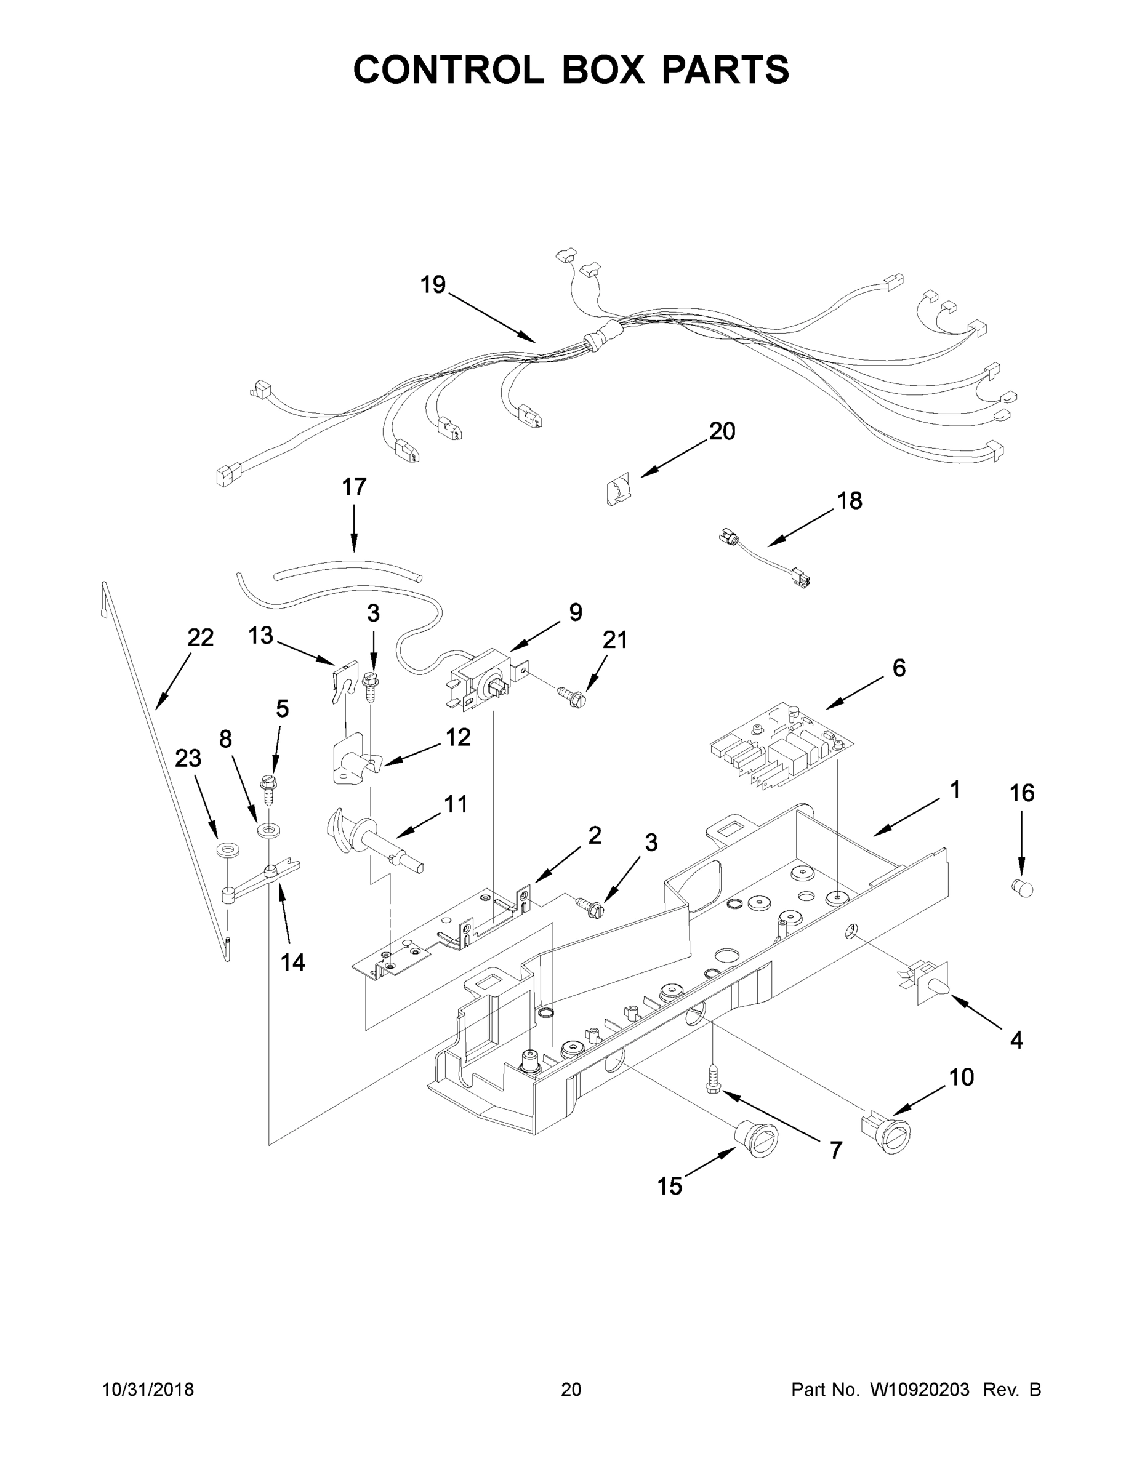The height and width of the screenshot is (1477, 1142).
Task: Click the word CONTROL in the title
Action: point(448,69)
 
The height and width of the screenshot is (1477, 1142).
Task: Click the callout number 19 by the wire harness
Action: point(433,285)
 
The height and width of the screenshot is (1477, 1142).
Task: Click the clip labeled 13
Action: point(344,682)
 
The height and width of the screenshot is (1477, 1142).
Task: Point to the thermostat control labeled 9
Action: point(481,680)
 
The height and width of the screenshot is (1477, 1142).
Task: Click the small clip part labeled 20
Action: point(617,490)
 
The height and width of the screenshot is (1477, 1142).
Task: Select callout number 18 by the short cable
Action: point(850,501)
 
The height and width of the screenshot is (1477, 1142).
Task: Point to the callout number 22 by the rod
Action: point(200,638)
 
